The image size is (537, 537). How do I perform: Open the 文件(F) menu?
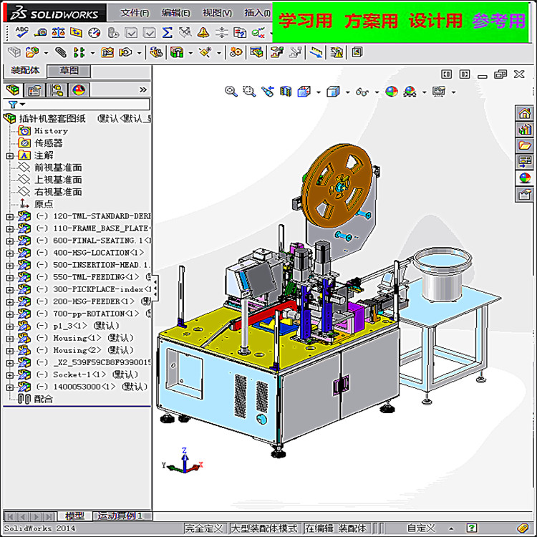click(135, 13)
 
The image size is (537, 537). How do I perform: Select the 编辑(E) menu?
click(175, 13)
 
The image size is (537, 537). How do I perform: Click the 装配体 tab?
click(25, 71)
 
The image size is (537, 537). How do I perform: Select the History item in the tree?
click(51, 131)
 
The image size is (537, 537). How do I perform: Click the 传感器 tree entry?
click(49, 143)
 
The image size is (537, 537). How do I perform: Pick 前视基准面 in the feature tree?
click(58, 168)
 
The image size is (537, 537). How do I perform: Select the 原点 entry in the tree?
click(44, 204)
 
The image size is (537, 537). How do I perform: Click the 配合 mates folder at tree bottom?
click(43, 399)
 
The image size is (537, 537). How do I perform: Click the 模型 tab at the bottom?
click(74, 516)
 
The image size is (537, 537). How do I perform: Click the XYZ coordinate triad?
click(184, 462)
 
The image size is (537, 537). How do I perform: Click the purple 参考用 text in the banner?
click(498, 21)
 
